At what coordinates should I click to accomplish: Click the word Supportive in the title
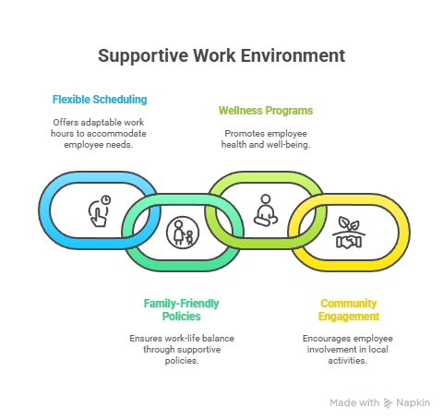(x=143, y=56)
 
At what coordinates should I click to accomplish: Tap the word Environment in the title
(x=293, y=55)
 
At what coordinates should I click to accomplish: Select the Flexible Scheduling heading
(x=100, y=100)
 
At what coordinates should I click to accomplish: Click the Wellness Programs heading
(x=266, y=111)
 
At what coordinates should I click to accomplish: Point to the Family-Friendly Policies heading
(x=182, y=310)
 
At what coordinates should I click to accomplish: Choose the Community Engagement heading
(x=349, y=310)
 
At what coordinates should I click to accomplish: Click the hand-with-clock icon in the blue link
(x=100, y=211)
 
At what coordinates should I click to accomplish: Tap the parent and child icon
(x=183, y=233)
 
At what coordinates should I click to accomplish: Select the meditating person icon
(x=266, y=210)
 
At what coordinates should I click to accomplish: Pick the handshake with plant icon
(x=349, y=233)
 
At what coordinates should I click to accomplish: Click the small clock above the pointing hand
(x=106, y=200)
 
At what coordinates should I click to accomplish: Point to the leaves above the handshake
(x=349, y=223)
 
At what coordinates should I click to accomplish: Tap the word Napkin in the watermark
(x=413, y=402)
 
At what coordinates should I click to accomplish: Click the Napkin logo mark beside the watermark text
(x=388, y=403)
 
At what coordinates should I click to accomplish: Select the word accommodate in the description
(x=116, y=134)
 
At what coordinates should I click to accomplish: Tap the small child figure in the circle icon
(x=189, y=238)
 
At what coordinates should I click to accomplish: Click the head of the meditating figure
(x=266, y=199)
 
